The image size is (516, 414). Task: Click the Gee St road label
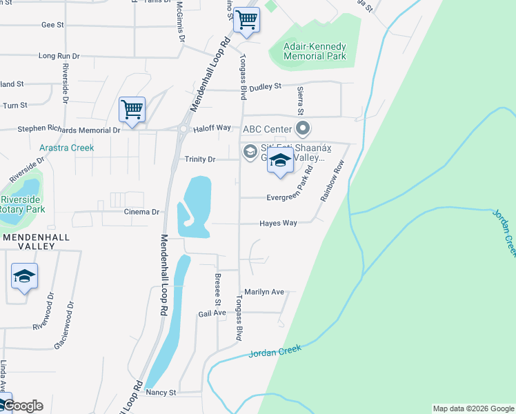pyautogui.click(x=52, y=25)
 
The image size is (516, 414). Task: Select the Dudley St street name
pyautogui.click(x=266, y=86)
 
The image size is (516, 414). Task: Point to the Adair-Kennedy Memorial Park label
pyautogui.click(x=315, y=51)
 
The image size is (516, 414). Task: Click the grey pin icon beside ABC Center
pyautogui.click(x=302, y=128)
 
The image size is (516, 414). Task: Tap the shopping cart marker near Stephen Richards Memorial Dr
pyautogui.click(x=132, y=109)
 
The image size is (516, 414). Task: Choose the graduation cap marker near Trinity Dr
pyautogui.click(x=280, y=162)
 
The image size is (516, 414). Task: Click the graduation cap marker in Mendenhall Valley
pyautogui.click(x=24, y=277)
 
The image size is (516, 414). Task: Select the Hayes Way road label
pyautogui.click(x=278, y=224)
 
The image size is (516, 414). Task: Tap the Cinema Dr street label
pyautogui.click(x=141, y=212)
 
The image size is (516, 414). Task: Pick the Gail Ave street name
pyautogui.click(x=212, y=313)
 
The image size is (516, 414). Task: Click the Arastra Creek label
pyautogui.click(x=66, y=148)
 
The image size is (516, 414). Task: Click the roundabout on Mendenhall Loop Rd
pyautogui.click(x=183, y=129)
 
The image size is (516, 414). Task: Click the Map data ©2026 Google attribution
pyautogui.click(x=473, y=408)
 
